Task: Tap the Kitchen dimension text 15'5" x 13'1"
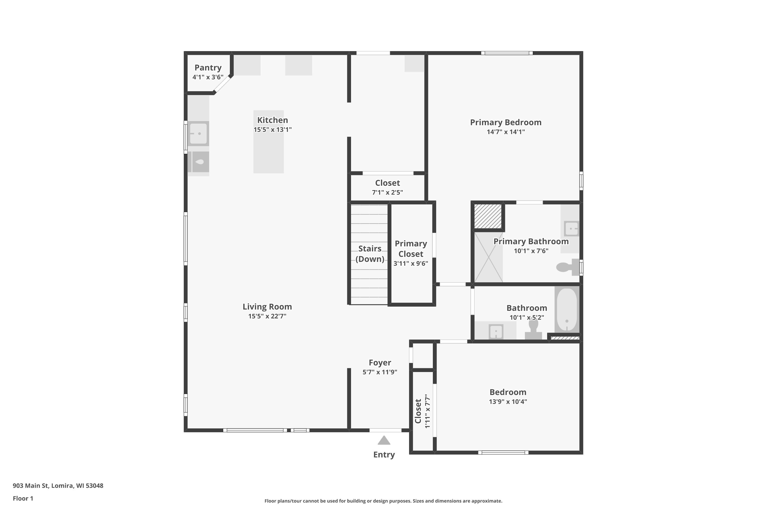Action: click(x=273, y=129)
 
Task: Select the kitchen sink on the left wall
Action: click(x=198, y=133)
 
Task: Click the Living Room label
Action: click(x=267, y=307)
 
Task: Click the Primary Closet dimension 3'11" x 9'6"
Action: click(x=411, y=263)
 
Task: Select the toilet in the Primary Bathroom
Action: click(x=568, y=267)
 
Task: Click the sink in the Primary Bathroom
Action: click(x=571, y=228)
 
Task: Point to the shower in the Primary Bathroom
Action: click(x=489, y=257)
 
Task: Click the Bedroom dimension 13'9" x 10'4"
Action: click(x=508, y=401)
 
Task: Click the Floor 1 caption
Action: click(x=23, y=498)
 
